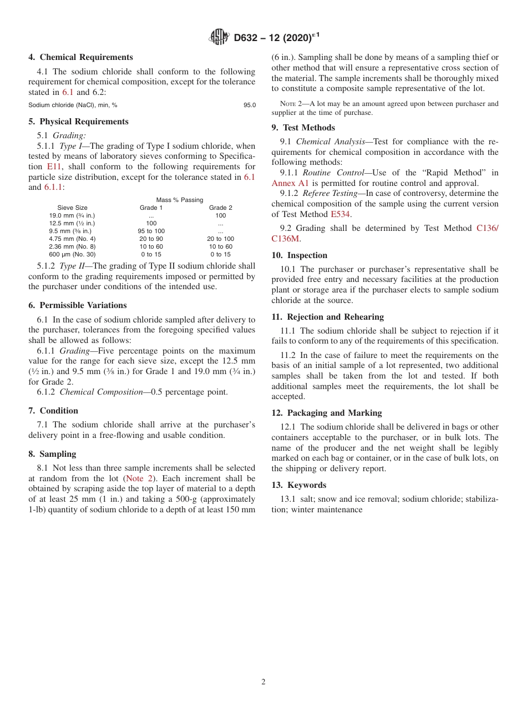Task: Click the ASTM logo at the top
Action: click(x=219, y=37)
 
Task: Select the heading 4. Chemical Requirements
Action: click(x=80, y=57)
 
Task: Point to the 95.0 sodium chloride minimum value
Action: click(x=250, y=105)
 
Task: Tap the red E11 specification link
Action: click(x=54, y=167)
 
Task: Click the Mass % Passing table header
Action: click(x=179, y=200)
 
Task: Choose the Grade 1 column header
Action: click(x=151, y=208)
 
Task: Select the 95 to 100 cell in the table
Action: click(x=151, y=231)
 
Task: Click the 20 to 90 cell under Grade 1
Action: click(x=151, y=239)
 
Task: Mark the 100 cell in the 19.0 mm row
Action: click(x=220, y=215)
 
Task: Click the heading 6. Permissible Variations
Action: click(x=78, y=305)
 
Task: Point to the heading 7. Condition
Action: click(x=53, y=411)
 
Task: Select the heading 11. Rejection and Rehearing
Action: click(x=327, y=317)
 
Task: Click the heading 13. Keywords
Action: click(x=298, y=485)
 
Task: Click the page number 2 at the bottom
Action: click(x=263, y=682)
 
